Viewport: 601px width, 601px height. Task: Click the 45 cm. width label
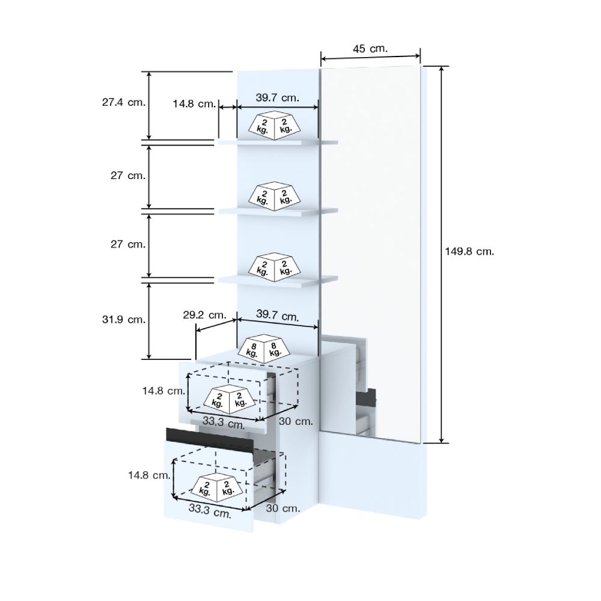tap(370, 49)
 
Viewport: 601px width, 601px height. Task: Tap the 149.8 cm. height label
tap(469, 251)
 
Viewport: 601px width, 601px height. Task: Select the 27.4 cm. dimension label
tap(124, 102)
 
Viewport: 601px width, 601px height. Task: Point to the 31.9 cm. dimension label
tap(124, 319)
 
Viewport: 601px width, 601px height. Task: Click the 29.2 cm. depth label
tap(205, 315)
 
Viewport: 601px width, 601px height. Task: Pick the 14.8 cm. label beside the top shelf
tap(194, 103)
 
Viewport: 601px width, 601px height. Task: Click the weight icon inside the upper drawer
tap(229, 399)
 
